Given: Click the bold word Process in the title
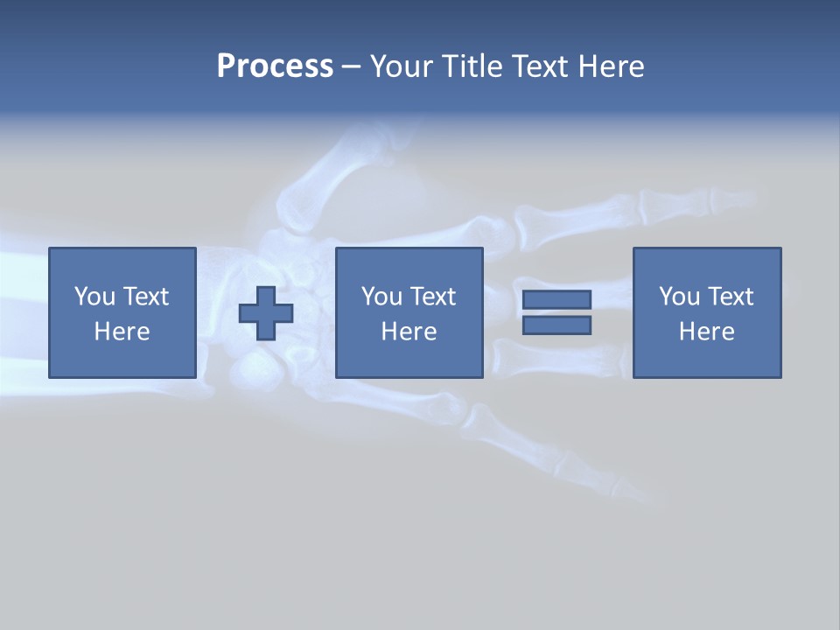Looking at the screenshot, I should click(275, 66).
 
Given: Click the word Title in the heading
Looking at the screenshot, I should click(470, 66).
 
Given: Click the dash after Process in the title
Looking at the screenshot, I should click(351, 67).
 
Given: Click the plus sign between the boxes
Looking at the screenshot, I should click(266, 313).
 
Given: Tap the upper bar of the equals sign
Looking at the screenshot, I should click(556, 299).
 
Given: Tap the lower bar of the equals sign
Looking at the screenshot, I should click(556, 325).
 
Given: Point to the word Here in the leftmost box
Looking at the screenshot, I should click(122, 332).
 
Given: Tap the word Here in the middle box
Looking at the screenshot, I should click(409, 332).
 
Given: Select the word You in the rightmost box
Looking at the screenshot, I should click(679, 297).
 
